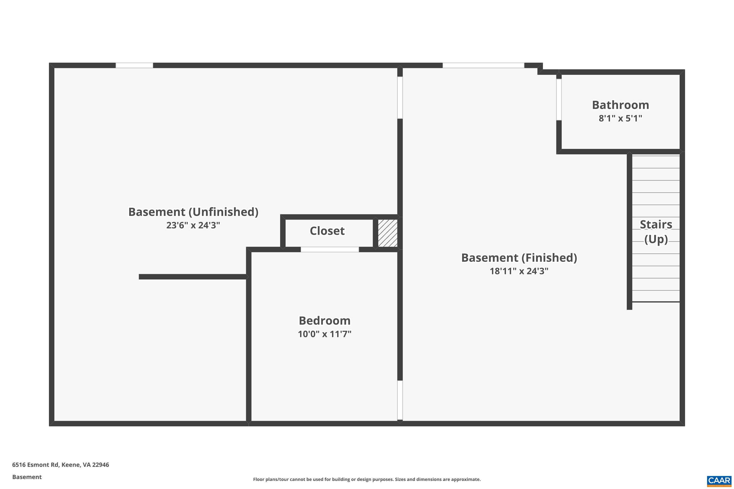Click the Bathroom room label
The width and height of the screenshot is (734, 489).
pos(620,105)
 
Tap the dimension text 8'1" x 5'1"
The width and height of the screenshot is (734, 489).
pos(620,118)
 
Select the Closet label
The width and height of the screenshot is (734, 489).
pos(327,231)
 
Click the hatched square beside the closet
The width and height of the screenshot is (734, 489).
pos(388,233)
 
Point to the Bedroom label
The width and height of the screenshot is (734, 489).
pos(325,321)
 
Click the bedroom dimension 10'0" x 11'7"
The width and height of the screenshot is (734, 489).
pos(325,334)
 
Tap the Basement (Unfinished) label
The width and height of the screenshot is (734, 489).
pos(193,212)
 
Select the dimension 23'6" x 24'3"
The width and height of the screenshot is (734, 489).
pos(193,225)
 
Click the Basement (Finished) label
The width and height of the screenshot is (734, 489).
pos(519,258)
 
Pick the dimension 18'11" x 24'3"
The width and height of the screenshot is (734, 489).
pos(519,271)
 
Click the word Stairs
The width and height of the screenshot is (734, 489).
pos(656,224)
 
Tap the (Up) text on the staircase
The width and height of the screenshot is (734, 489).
pos(656,239)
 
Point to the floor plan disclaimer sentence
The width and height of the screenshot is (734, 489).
pos(367,479)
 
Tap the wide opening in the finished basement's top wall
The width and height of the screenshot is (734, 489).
pos(483,66)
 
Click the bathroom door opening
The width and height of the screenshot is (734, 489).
pos(559,100)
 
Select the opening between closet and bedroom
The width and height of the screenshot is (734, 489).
pos(330,249)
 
